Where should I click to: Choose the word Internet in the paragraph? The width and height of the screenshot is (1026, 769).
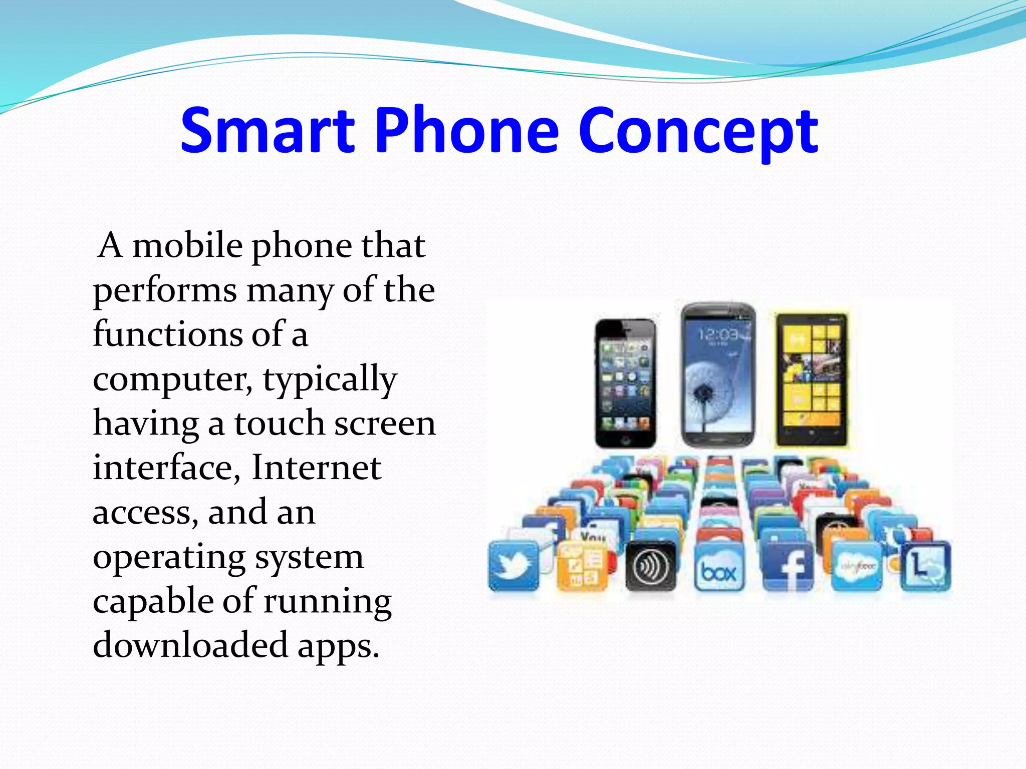click(x=316, y=468)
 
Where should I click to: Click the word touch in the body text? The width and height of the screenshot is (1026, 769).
click(x=279, y=424)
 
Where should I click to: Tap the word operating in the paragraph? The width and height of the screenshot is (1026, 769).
click(x=169, y=558)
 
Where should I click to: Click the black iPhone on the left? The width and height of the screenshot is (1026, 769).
click(x=626, y=383)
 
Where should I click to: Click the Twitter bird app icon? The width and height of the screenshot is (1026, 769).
click(x=514, y=565)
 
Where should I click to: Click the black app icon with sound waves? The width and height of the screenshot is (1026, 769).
click(x=651, y=566)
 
